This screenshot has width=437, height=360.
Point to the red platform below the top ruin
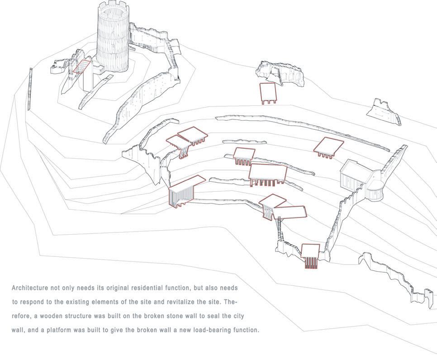[x=268, y=92]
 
